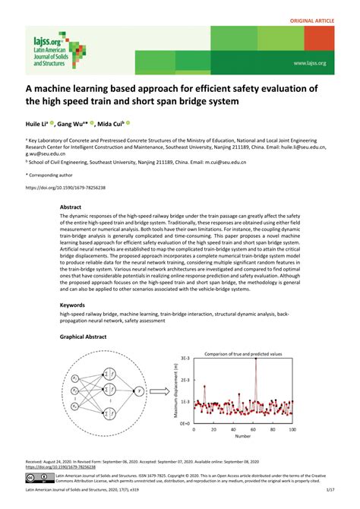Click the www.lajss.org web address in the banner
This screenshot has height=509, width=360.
[309, 63]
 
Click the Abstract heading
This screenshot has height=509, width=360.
[70, 206]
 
